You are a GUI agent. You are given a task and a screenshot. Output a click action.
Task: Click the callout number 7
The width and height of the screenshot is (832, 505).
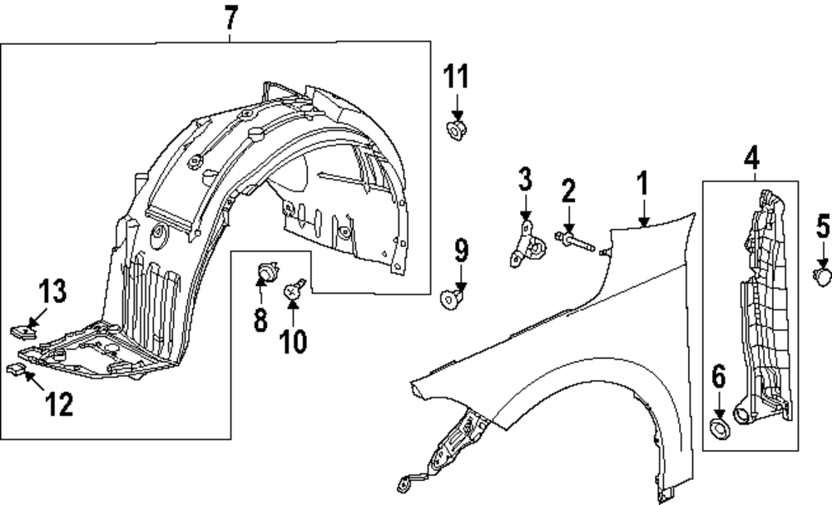(230, 17)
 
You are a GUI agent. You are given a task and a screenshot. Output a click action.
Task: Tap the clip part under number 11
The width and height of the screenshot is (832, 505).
(456, 129)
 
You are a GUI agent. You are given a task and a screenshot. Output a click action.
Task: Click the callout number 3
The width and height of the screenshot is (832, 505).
(524, 178)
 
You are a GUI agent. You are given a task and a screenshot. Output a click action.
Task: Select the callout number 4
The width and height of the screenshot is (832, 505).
(751, 156)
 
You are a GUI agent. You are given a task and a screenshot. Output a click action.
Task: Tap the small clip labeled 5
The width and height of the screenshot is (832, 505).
(821, 275)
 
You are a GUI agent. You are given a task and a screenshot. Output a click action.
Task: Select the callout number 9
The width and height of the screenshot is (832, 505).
(462, 249)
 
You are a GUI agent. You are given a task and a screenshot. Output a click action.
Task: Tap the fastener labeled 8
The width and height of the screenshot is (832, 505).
(266, 271)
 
